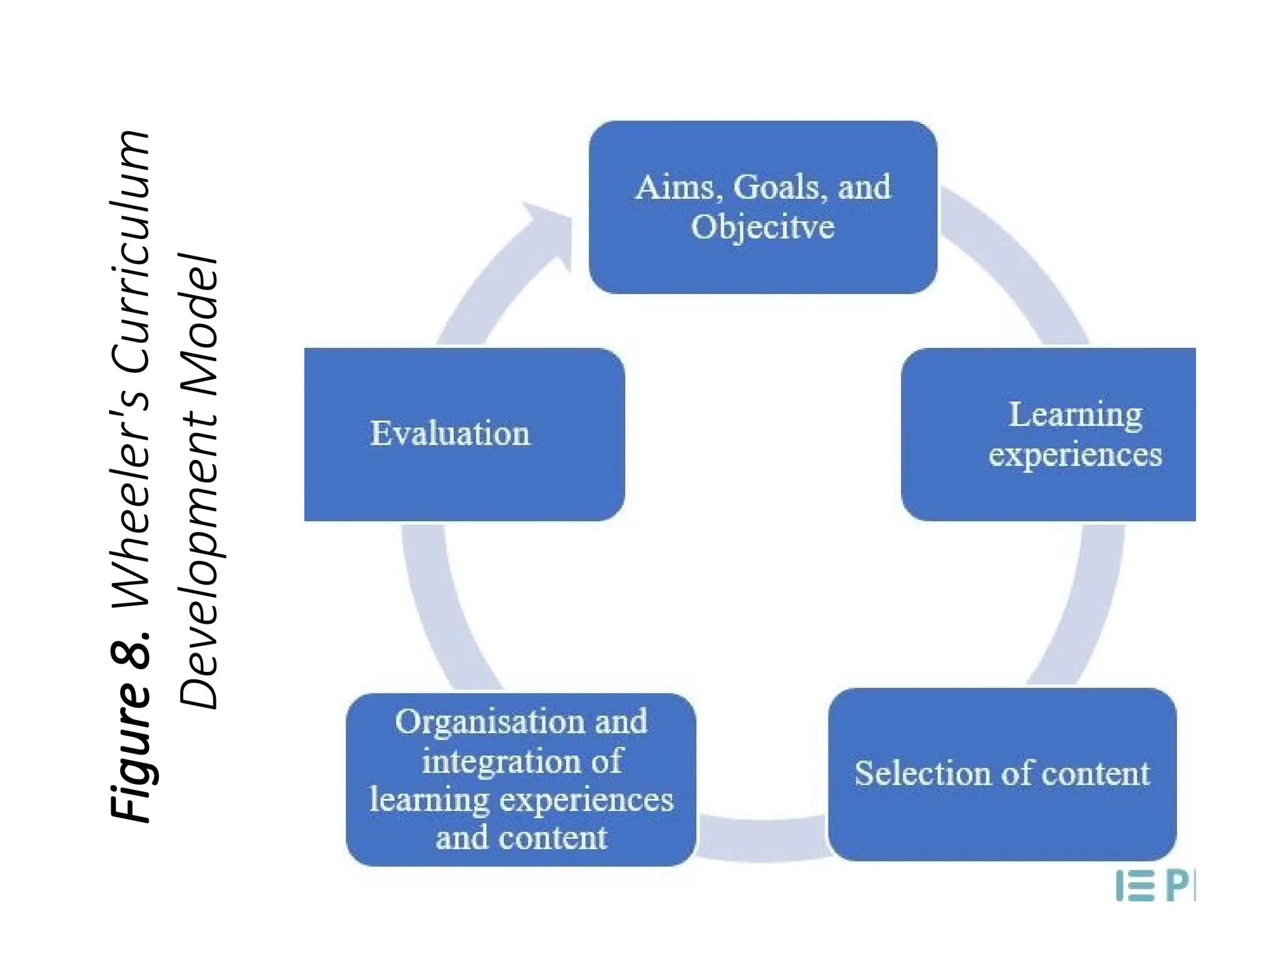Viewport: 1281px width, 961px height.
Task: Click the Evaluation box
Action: point(464,434)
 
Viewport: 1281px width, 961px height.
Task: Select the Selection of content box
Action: point(1002,774)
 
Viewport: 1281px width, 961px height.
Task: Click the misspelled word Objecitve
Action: point(762,226)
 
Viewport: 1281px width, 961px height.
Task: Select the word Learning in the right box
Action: point(1075,415)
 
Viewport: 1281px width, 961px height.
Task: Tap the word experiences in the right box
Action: point(1075,454)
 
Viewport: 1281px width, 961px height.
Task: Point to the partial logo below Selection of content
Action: point(1155,887)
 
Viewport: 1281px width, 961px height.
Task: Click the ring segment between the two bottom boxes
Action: point(762,838)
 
